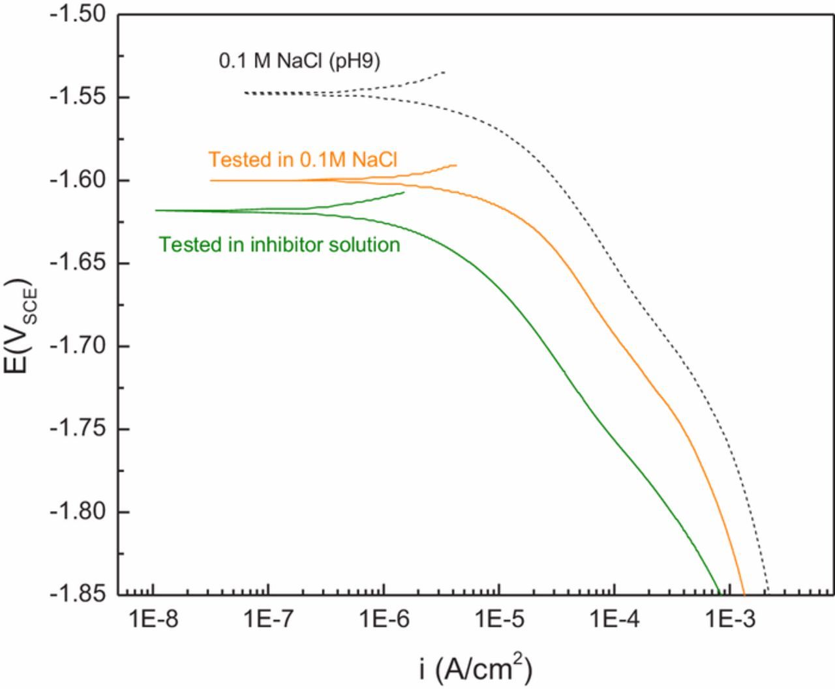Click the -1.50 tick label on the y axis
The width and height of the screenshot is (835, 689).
click(x=77, y=14)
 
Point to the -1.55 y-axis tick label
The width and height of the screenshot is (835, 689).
click(x=77, y=97)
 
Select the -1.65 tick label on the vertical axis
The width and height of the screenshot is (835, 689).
click(x=77, y=263)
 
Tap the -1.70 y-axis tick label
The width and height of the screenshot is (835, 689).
click(x=77, y=346)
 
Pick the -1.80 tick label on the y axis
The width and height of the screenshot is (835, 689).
click(x=77, y=512)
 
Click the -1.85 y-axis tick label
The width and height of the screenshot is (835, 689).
click(x=77, y=594)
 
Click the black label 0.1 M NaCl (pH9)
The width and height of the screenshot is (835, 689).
click(x=299, y=61)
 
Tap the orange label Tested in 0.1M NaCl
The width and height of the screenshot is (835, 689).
click(x=303, y=160)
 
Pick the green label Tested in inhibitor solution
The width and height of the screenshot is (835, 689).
click(x=279, y=244)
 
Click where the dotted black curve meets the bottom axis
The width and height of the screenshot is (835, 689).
click(x=768, y=594)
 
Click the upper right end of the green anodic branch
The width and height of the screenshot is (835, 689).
click(x=404, y=192)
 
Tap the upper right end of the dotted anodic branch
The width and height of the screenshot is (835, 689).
click(x=445, y=72)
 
